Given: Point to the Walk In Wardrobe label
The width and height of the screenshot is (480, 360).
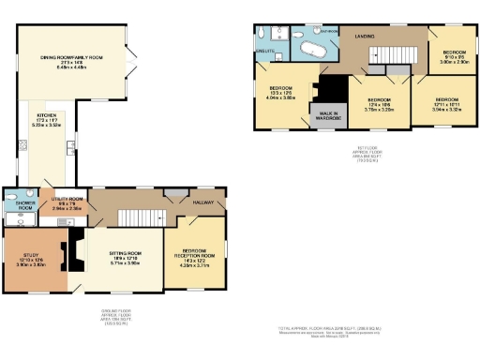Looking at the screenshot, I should pyautogui.click(x=327, y=115).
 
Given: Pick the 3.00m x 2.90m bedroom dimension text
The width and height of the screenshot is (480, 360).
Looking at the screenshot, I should pyautogui.click(x=454, y=60).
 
